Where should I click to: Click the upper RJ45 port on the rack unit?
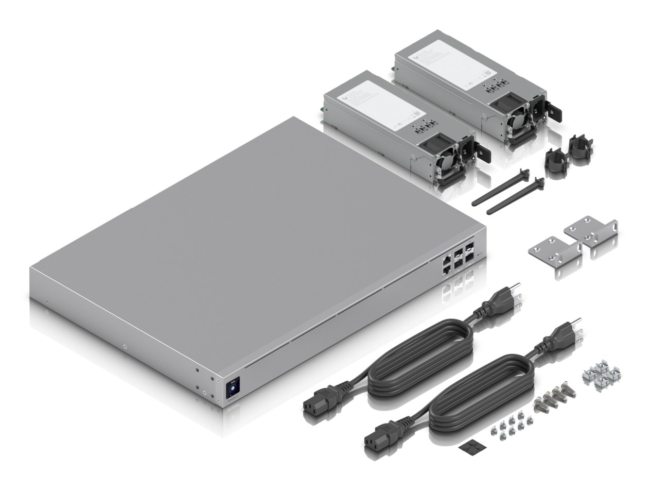445,261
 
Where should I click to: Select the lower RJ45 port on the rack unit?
445,270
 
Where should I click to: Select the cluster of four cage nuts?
601,375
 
